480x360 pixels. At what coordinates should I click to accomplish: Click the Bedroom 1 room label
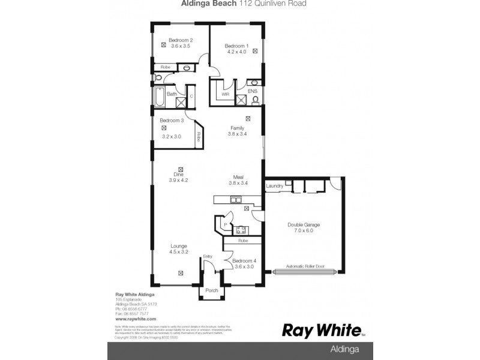click(236, 46)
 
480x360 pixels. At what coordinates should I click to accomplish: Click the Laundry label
click(274, 187)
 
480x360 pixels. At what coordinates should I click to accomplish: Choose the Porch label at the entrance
click(211, 290)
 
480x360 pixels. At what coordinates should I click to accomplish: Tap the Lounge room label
click(179, 246)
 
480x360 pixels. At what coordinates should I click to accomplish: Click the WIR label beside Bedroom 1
click(226, 94)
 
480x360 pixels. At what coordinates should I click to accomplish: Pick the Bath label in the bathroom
click(171, 94)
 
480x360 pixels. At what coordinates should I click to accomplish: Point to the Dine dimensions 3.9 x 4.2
click(179, 180)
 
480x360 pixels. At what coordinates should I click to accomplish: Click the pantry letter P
click(224, 225)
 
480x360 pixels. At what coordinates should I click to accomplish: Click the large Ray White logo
click(322, 330)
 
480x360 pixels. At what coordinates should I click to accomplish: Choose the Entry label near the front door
click(208, 256)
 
